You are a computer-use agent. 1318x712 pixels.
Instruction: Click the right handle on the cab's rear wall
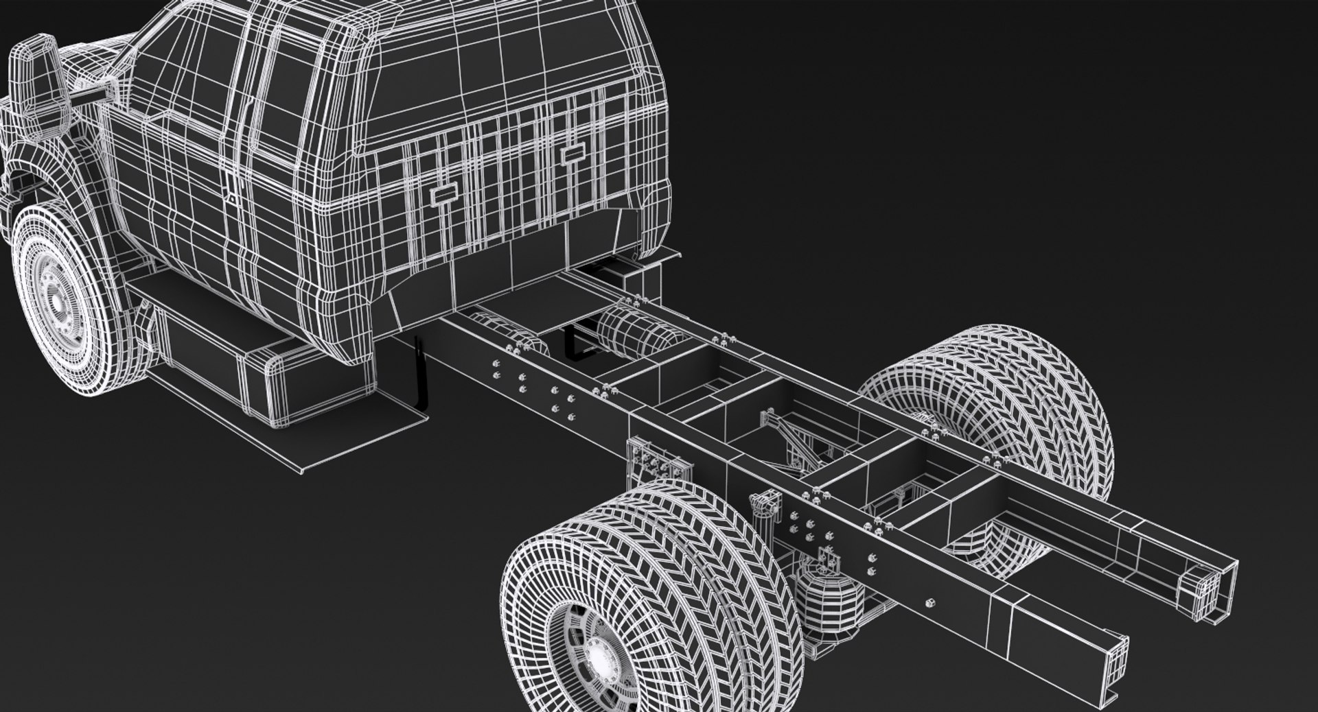(x=571, y=155)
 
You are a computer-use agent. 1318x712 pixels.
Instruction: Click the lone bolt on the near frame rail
(x=931, y=602)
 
